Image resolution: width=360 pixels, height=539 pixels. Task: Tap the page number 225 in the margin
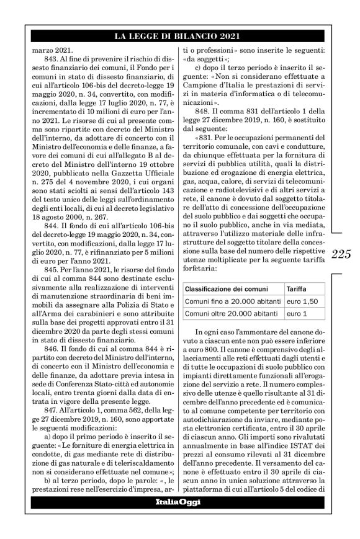click(341, 236)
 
